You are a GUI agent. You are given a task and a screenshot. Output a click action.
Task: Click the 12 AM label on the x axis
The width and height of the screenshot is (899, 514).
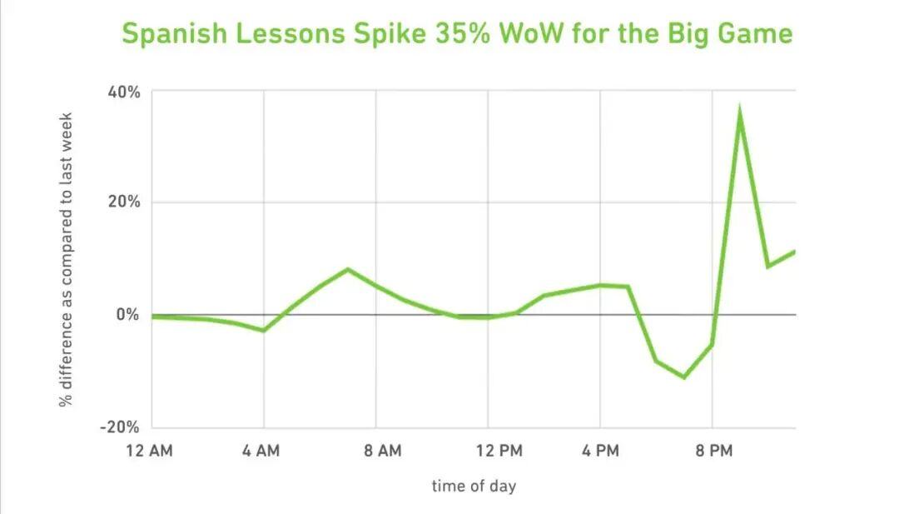click(x=151, y=452)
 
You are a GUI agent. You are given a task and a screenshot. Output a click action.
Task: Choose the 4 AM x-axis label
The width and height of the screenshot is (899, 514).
click(x=261, y=452)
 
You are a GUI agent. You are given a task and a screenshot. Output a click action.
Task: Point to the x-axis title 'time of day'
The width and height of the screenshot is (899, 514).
click(x=474, y=486)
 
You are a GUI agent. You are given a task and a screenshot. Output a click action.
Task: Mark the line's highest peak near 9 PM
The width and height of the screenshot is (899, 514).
click(x=739, y=112)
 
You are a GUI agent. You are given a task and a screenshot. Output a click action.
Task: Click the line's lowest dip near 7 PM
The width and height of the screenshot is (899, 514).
click(x=684, y=377)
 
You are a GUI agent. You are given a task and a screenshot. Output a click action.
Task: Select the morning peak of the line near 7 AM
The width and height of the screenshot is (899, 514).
click(x=348, y=269)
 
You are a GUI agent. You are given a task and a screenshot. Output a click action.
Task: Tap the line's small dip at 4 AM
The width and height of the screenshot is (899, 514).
click(x=264, y=331)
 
